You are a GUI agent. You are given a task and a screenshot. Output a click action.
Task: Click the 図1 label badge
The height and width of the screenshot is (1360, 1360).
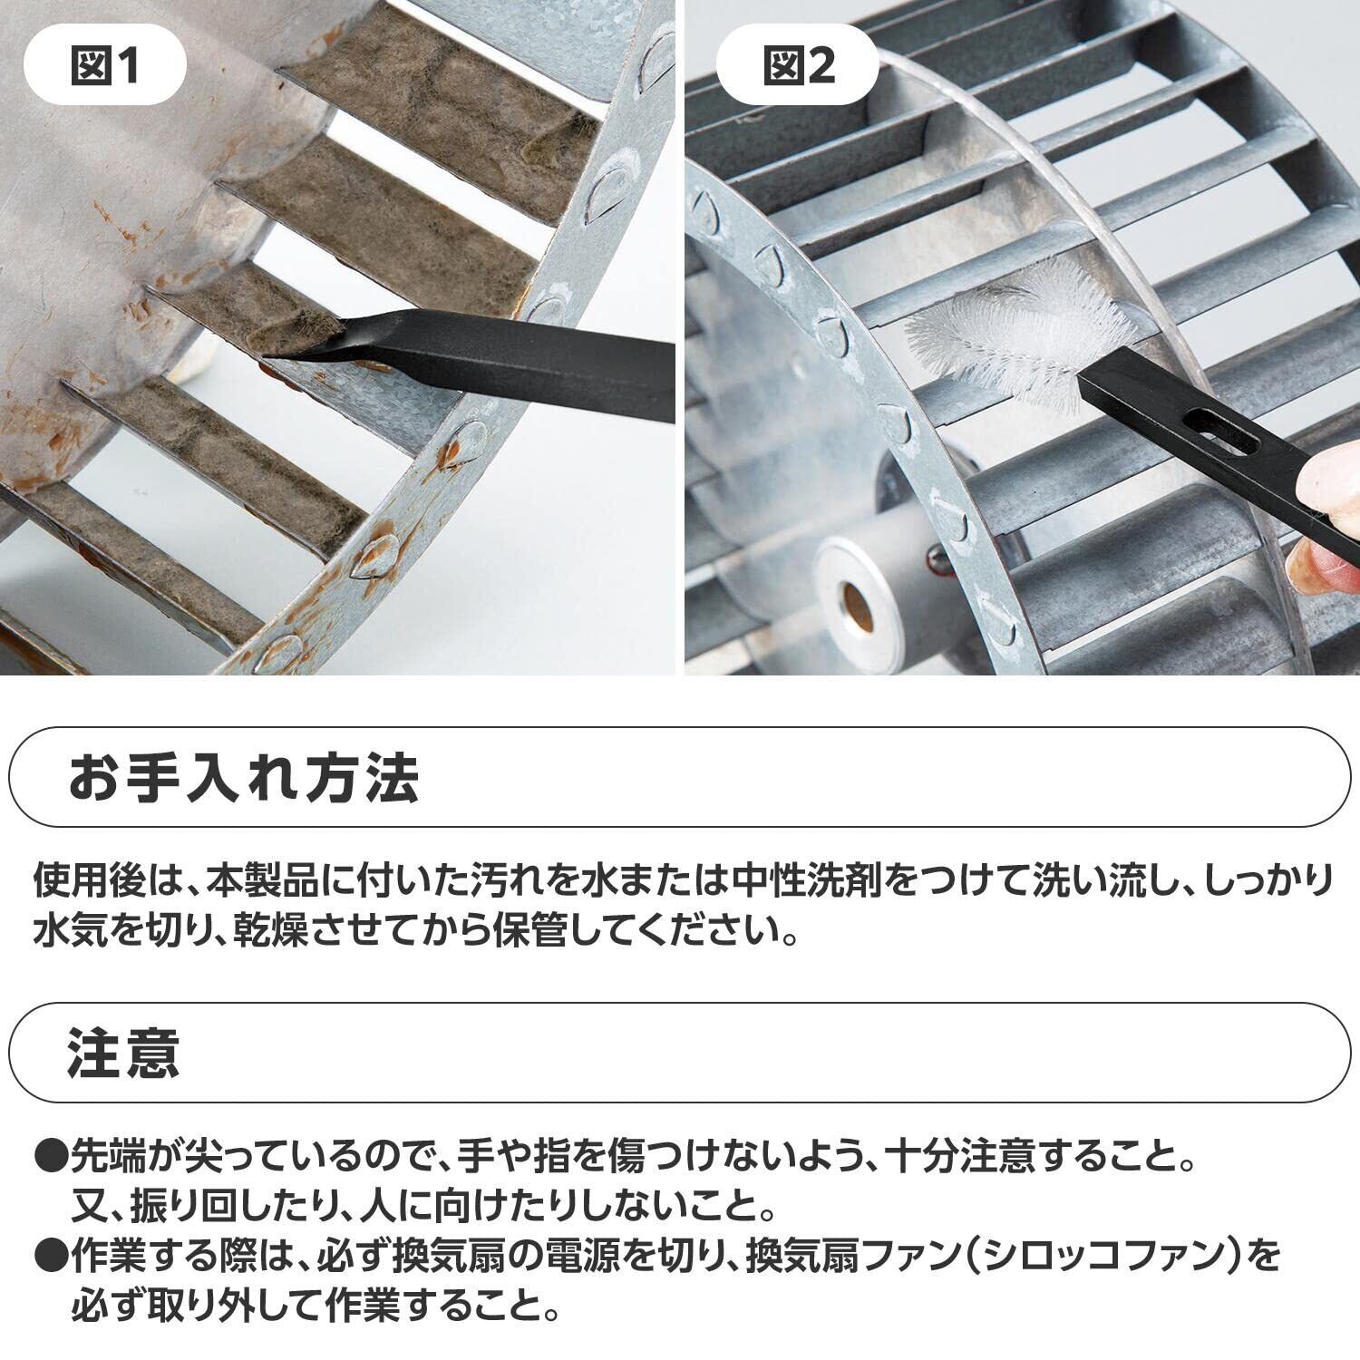(x=105, y=65)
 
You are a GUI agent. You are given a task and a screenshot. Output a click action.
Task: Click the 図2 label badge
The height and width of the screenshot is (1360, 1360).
(x=798, y=65)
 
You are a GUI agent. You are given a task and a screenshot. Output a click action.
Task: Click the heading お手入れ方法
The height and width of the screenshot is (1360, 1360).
(x=245, y=778)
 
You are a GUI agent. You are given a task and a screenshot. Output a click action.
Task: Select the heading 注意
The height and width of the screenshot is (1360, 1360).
(x=123, y=1052)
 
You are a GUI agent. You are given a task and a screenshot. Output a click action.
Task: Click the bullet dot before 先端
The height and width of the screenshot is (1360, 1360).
(x=51, y=1156)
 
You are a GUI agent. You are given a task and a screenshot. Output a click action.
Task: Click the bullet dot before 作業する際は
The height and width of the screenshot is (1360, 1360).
(x=51, y=1257)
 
